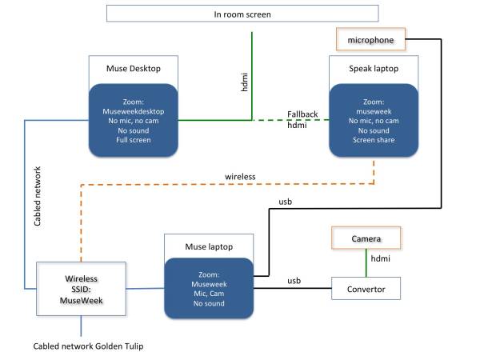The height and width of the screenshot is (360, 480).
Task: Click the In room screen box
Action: tap(241, 14)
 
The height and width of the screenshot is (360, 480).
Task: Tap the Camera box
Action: tap(366, 238)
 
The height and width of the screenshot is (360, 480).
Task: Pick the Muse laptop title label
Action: tap(198, 246)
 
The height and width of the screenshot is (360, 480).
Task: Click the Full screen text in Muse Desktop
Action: tap(134, 140)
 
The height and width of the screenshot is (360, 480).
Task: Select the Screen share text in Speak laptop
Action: tap(374, 140)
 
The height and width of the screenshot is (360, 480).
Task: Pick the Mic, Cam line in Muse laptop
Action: tap(208, 294)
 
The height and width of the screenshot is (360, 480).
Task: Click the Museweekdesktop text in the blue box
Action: tap(134, 111)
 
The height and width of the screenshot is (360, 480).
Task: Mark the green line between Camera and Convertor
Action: tap(366, 262)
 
